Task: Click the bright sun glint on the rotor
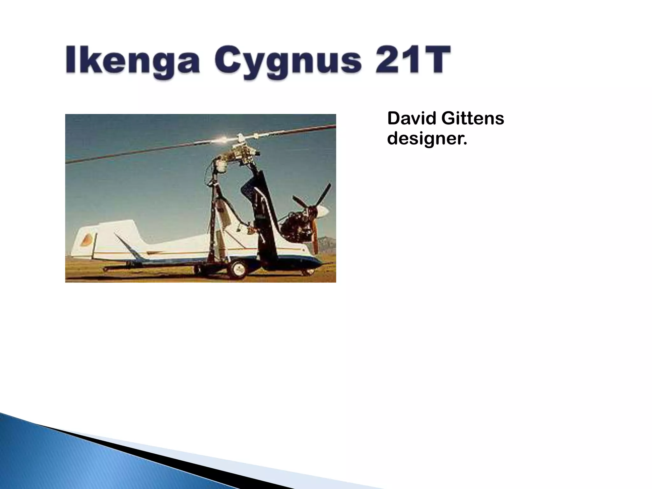coord(223,139)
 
